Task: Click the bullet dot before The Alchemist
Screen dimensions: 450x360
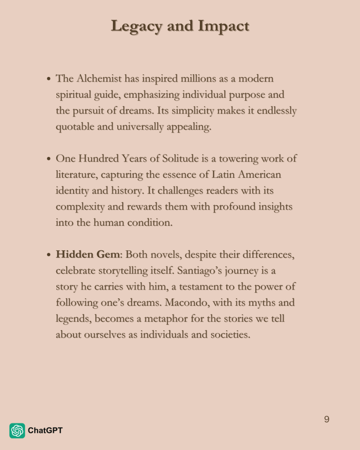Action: coord(49,80)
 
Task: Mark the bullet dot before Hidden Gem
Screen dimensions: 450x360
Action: coord(49,255)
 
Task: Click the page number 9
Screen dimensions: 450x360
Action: coord(327,419)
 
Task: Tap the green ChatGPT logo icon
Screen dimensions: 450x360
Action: coord(17,431)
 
